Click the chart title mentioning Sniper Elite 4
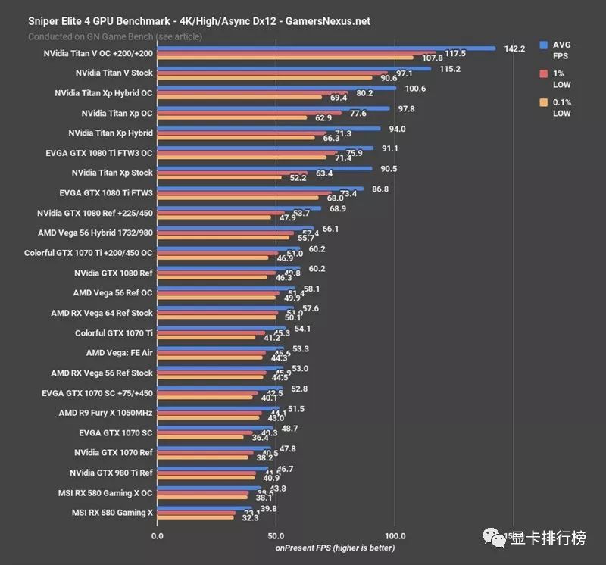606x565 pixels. click(x=199, y=21)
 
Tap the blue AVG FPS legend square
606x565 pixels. click(x=543, y=45)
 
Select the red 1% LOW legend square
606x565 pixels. click(x=543, y=73)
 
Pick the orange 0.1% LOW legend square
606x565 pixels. click(x=543, y=102)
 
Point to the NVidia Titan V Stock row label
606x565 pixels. click(x=114, y=73)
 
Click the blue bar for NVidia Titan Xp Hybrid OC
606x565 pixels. click(x=276, y=89)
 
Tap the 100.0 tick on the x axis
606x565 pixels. click(x=395, y=535)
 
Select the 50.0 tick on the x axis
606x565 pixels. click(x=276, y=535)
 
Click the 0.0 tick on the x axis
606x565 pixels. click(x=158, y=535)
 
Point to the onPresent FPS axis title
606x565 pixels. click(x=335, y=548)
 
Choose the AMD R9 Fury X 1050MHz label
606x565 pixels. click(x=105, y=413)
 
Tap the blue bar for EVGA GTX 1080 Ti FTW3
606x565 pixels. click(x=260, y=189)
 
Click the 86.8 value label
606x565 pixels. click(x=380, y=189)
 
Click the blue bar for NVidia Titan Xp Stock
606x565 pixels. click(x=264, y=168)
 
